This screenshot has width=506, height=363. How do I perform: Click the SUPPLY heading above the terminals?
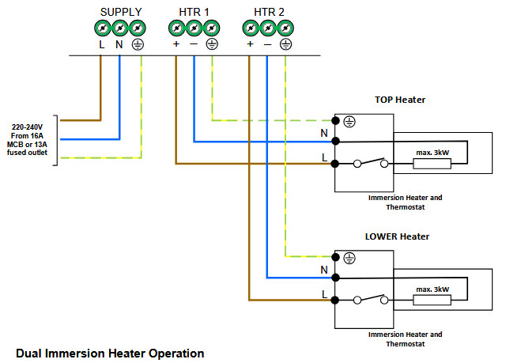pyautogui.click(x=121, y=11)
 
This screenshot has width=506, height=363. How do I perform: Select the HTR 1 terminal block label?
pyautogui.click(x=193, y=11)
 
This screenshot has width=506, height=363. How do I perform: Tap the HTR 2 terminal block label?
pyautogui.click(x=267, y=11)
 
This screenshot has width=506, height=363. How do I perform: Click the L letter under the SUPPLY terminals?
pyautogui.click(x=101, y=44)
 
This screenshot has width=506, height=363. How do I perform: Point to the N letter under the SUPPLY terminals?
pyautogui.click(x=119, y=44)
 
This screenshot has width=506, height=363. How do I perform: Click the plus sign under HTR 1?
pyautogui.click(x=176, y=44)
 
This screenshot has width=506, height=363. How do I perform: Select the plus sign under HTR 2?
pyautogui.click(x=250, y=44)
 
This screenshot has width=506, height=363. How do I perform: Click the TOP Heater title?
pyautogui.click(x=400, y=100)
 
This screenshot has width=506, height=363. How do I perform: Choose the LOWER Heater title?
pyautogui.click(x=397, y=236)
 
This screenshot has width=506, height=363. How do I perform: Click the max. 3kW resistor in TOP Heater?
pyautogui.click(x=432, y=164)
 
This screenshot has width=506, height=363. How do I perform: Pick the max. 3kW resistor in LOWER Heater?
pyautogui.click(x=432, y=301)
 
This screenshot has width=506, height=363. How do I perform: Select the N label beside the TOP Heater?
pyautogui.click(x=324, y=134)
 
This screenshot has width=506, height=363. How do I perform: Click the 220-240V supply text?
pyautogui.click(x=28, y=127)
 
